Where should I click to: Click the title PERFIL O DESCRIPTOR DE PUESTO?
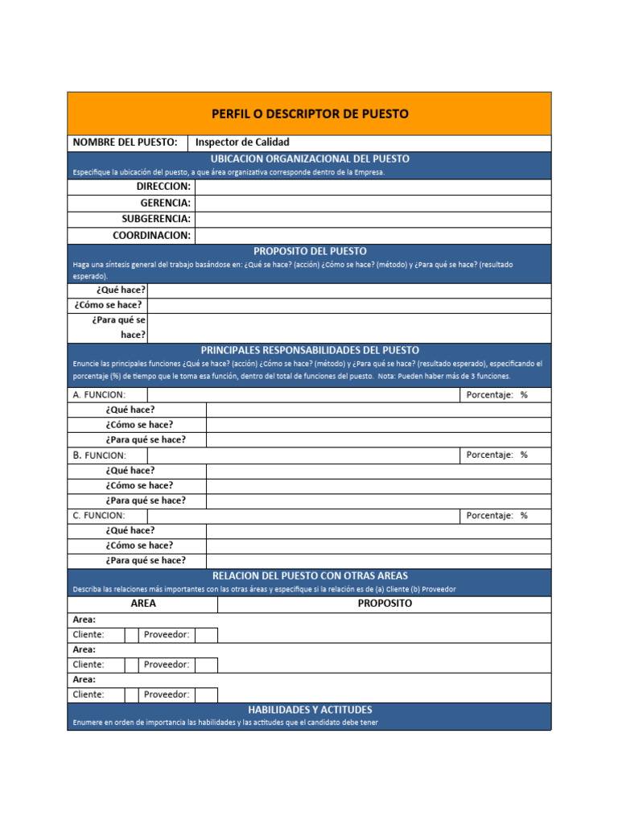coord(310,113)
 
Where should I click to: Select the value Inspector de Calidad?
coord(242,142)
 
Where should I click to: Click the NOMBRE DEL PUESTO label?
coord(125,142)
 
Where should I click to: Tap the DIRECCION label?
coord(163,187)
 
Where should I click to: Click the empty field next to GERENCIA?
coord(373,203)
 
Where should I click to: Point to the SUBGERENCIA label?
coord(156,219)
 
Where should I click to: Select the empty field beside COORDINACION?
coord(373,236)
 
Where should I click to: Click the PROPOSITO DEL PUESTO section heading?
coord(310,251)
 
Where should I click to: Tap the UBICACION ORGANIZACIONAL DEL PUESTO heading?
coord(310,159)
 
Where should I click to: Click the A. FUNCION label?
coord(99,395)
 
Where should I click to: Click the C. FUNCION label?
coord(99,515)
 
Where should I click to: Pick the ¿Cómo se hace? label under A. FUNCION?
coord(139,425)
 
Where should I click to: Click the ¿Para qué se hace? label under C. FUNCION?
coord(146,560)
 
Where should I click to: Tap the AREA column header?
coord(142,604)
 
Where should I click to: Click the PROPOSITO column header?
coord(385,604)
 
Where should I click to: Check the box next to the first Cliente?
coord(130,635)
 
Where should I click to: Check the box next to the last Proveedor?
coord(206,694)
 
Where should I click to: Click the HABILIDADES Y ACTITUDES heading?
coord(310,710)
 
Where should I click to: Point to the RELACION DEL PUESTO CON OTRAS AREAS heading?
coord(310,575)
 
